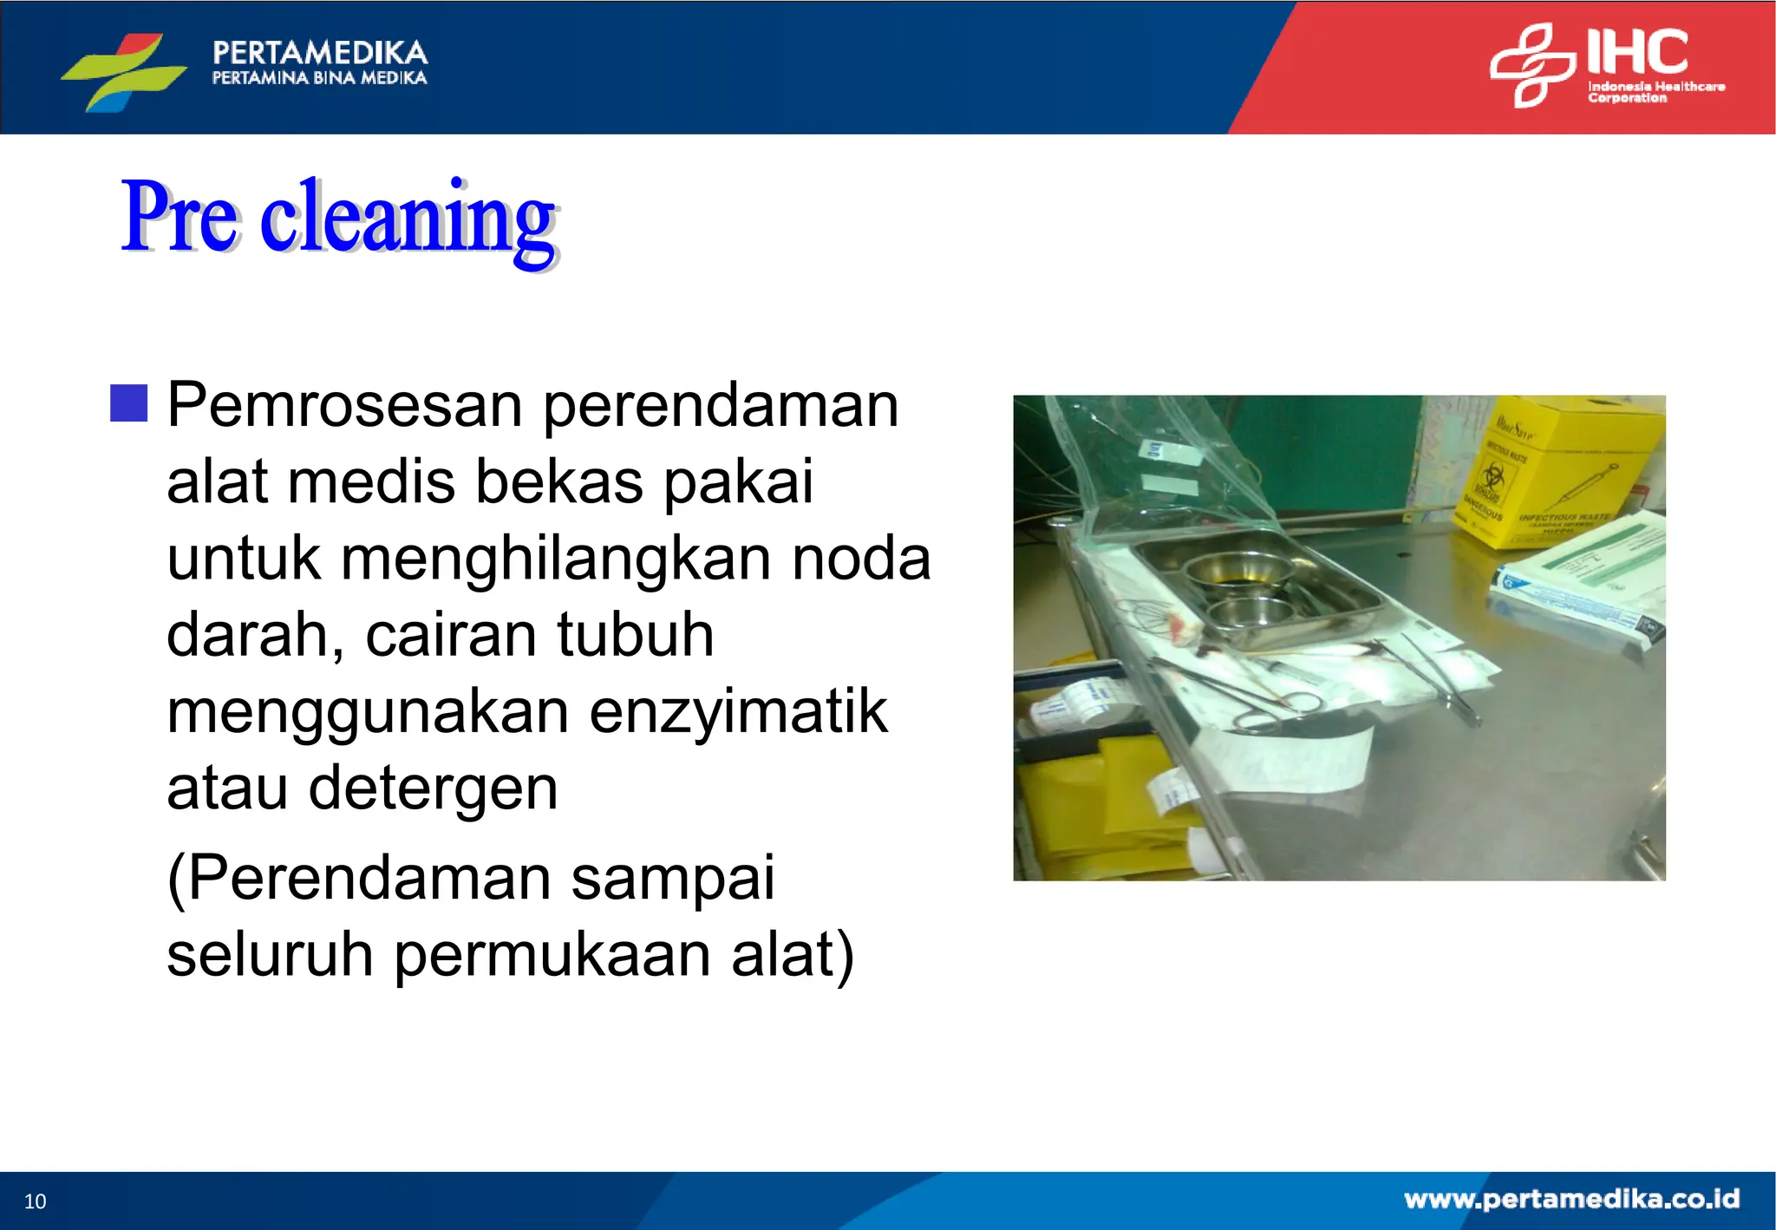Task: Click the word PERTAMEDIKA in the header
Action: click(319, 53)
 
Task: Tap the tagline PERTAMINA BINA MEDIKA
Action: click(319, 78)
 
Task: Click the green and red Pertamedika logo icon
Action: click(123, 70)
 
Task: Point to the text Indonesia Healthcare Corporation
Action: click(1655, 92)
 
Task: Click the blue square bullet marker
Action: click(129, 403)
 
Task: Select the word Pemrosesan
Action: click(343, 405)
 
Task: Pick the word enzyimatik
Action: click(738, 712)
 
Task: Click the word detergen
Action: click(433, 788)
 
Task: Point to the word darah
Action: click(255, 636)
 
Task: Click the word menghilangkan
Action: click(555, 559)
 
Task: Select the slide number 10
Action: click(35, 1201)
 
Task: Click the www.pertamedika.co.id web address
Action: click(1571, 1199)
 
